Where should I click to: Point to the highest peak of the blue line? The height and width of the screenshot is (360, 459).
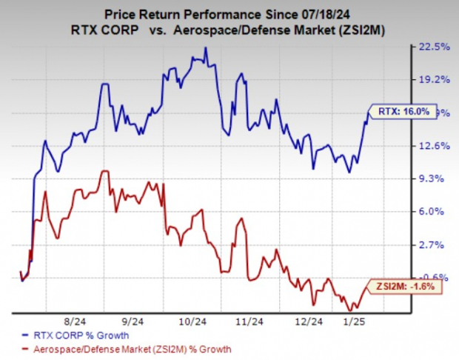(x=206, y=48)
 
